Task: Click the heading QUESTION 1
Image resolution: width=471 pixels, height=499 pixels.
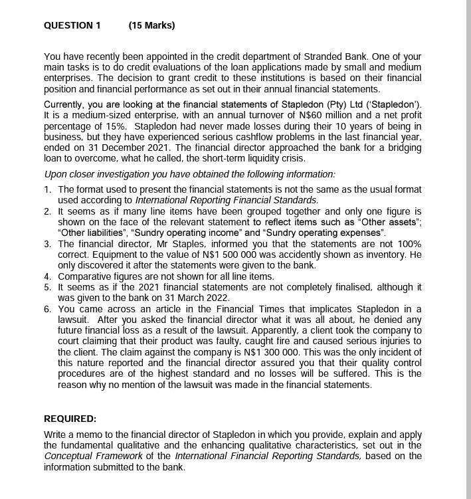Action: click(72, 25)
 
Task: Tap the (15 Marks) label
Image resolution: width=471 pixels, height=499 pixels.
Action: click(151, 25)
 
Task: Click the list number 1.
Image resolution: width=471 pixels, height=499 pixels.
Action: click(47, 189)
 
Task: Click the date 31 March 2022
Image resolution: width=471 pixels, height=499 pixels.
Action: click(197, 298)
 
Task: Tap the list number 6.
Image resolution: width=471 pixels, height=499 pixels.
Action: click(47, 309)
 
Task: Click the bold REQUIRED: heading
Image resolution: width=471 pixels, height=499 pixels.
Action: click(70, 419)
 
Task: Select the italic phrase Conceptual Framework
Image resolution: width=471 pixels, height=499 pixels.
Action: click(93, 456)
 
